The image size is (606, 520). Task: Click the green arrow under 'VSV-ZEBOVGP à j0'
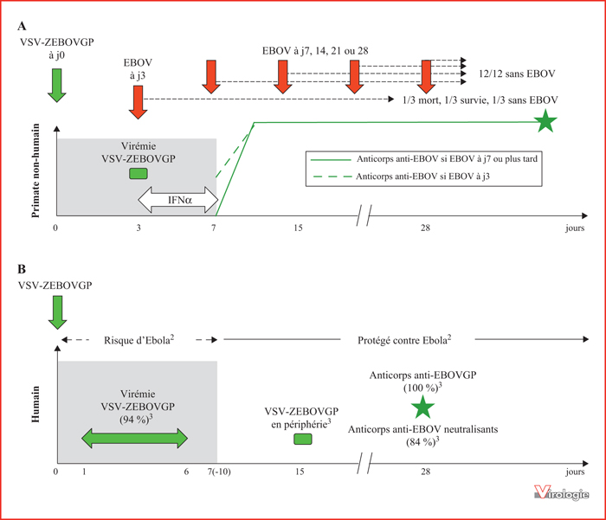click(57, 86)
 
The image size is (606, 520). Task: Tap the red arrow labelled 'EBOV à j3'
click(138, 102)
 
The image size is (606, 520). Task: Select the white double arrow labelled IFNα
click(178, 200)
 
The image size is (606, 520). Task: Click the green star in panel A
click(545, 121)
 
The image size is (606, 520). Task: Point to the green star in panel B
click(422, 408)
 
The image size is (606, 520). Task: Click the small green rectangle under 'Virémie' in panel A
click(139, 173)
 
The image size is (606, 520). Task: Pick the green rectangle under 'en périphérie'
click(303, 439)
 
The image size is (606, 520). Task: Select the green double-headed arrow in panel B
click(134, 438)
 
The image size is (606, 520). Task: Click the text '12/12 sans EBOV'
click(517, 74)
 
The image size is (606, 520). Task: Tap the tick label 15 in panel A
click(298, 228)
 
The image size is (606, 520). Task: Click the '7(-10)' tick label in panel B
click(219, 472)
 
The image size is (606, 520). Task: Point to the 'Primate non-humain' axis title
click(35, 170)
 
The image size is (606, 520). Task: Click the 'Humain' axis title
click(35, 404)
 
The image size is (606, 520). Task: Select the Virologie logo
click(562, 492)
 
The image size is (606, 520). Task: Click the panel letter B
click(22, 269)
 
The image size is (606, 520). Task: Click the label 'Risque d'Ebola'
click(139, 340)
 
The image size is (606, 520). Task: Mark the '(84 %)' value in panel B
click(422, 441)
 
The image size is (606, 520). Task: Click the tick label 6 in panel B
click(186, 472)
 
